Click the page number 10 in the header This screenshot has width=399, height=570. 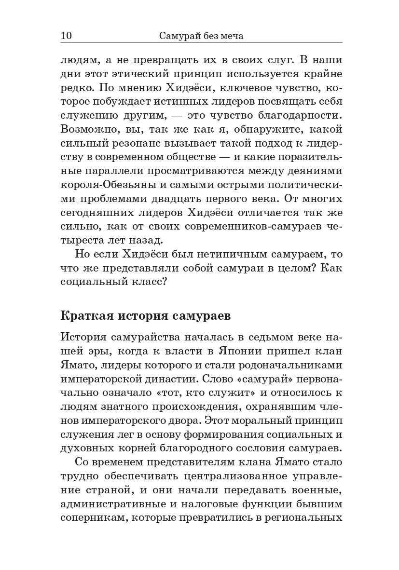point(66,36)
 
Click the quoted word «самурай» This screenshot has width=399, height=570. point(259,379)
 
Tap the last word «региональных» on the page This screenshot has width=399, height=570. point(305,518)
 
